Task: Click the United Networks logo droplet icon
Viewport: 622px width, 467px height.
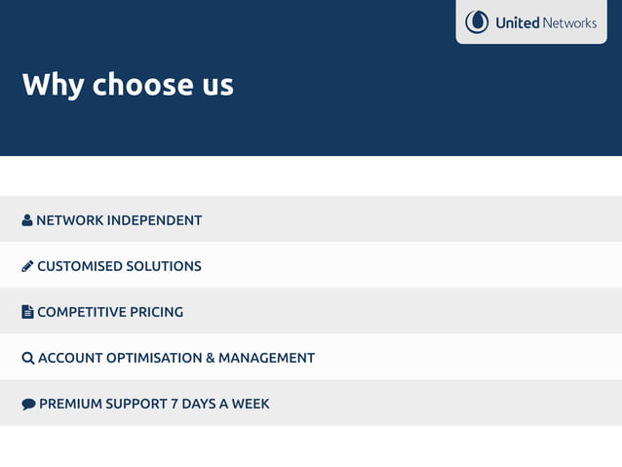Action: [x=477, y=21]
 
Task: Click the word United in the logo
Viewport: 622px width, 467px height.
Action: [x=517, y=22]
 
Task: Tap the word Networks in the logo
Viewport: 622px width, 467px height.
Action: [x=569, y=22]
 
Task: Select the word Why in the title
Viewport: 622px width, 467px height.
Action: [x=54, y=85]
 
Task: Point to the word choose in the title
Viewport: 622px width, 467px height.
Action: [x=143, y=85]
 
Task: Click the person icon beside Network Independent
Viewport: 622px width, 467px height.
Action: [x=27, y=220]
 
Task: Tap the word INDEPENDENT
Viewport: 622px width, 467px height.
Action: [x=154, y=220]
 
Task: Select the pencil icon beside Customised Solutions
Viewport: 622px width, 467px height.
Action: [x=27, y=266]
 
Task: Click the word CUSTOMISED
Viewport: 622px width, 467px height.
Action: [x=79, y=266]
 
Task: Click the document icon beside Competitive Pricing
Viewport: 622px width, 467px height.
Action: [x=27, y=312]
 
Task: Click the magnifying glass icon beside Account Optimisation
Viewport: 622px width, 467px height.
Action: [x=27, y=358]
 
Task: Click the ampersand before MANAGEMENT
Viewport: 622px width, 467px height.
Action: [x=211, y=358]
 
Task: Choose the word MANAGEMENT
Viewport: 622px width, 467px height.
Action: [x=266, y=358]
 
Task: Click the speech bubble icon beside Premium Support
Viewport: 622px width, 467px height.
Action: [x=28, y=404]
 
